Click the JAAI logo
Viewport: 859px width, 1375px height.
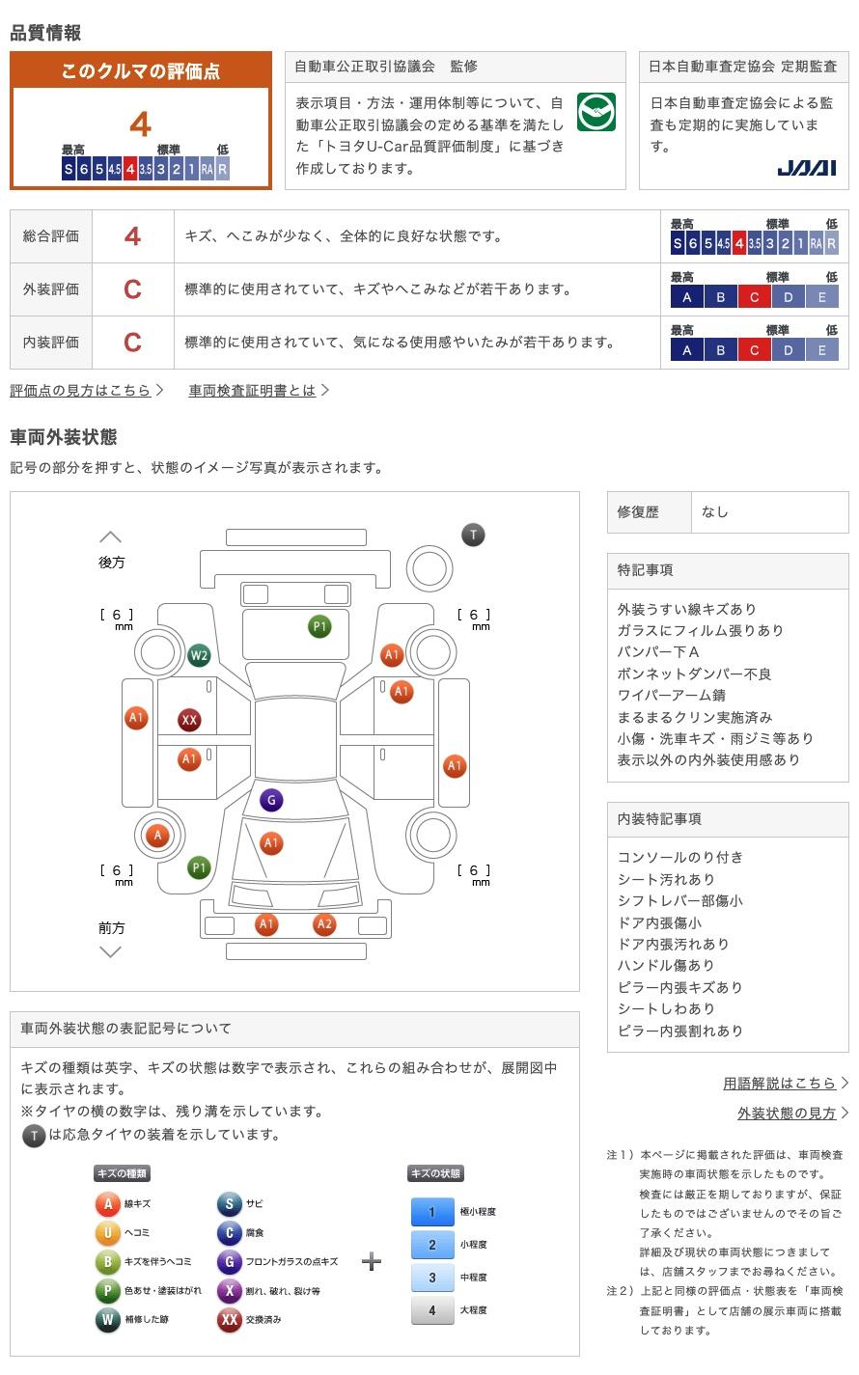[x=806, y=168]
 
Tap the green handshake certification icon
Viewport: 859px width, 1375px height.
[x=596, y=112]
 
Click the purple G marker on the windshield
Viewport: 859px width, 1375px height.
[x=271, y=799]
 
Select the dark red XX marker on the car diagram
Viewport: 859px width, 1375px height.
[x=189, y=720]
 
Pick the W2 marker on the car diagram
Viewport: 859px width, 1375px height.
[x=199, y=655]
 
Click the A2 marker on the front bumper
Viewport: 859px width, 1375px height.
[x=324, y=923]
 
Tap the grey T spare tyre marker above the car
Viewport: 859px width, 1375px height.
[x=473, y=535]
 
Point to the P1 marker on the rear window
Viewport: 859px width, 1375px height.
[x=319, y=626]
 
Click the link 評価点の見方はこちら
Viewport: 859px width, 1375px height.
[x=80, y=391]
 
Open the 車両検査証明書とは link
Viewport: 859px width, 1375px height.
[x=252, y=391]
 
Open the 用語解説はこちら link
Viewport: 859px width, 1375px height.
[x=779, y=1084]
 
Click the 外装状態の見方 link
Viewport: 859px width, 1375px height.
[x=787, y=1114]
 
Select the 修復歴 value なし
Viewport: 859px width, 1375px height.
[x=715, y=512]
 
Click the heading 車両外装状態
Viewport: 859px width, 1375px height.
[x=64, y=437]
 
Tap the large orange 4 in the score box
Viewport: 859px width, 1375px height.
[x=140, y=124]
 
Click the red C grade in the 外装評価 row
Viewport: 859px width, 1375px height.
[x=132, y=289]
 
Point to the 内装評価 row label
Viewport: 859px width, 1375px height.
[x=51, y=343]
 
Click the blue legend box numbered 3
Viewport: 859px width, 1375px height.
[x=432, y=1278]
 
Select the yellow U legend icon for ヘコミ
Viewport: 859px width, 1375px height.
[x=107, y=1232]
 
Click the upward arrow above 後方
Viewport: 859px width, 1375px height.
[x=111, y=537]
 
